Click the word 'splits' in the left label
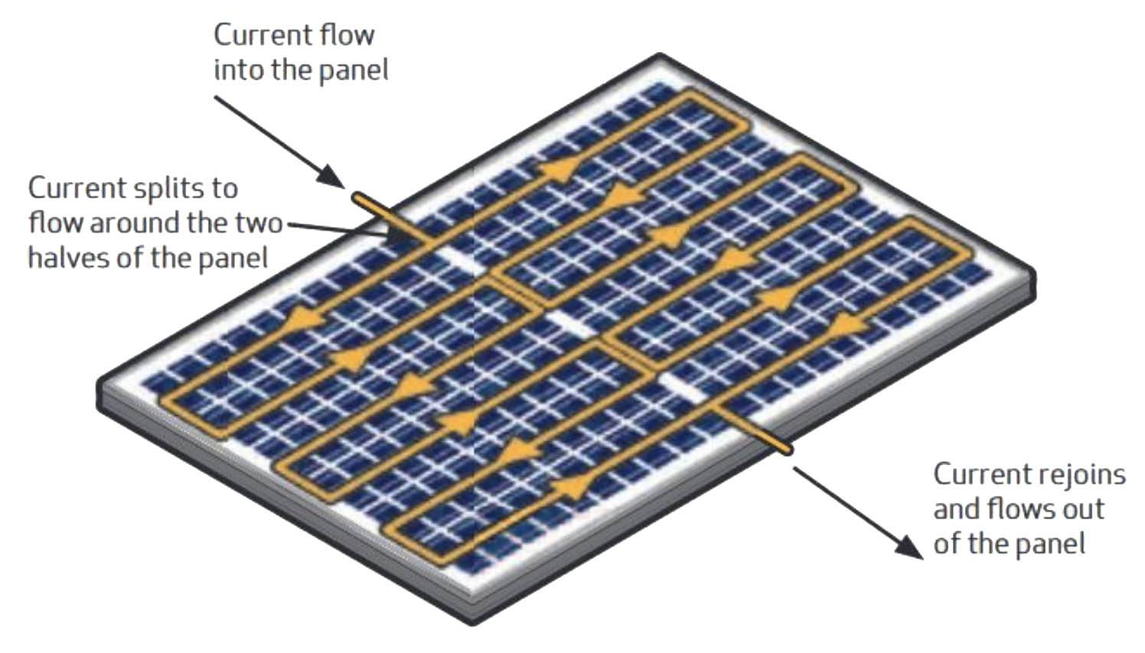[x=196, y=188]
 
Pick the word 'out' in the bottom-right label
[x=1078, y=508]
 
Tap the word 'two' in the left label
[x=256, y=223]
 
